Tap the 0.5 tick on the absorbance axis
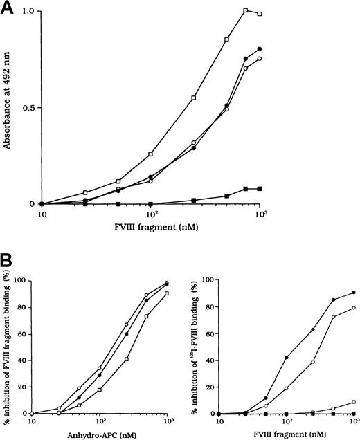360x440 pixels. pos(30,108)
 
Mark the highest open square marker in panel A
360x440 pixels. pos(246,10)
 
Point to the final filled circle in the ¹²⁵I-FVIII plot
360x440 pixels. pos(354,293)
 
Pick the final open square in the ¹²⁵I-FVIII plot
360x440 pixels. pos(354,402)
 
